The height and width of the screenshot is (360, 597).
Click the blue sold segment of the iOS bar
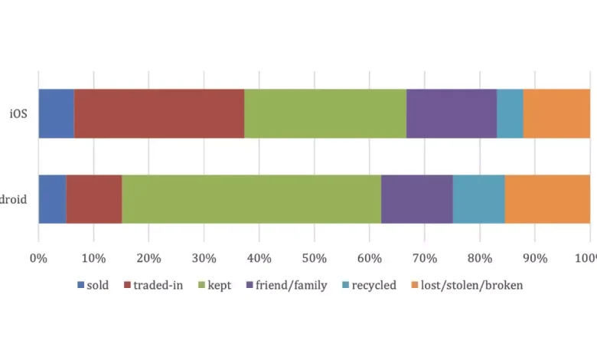[x=56, y=113]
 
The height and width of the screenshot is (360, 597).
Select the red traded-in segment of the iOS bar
[x=158, y=113]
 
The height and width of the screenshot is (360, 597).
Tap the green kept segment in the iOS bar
[x=325, y=113]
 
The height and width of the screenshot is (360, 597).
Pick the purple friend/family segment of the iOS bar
[x=451, y=113]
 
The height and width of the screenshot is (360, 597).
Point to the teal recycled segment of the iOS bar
[x=510, y=113]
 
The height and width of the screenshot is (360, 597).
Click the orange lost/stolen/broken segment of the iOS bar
[x=556, y=113]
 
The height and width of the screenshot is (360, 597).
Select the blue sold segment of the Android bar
[x=52, y=199]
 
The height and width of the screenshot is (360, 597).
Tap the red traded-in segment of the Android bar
[x=93, y=199]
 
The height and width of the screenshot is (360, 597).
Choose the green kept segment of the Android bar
[x=251, y=199]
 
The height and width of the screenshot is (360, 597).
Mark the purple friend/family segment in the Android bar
[x=416, y=199]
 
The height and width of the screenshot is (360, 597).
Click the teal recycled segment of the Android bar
[x=478, y=199]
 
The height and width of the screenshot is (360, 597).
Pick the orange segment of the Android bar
[x=547, y=199]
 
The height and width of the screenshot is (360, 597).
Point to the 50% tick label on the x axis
[x=314, y=258]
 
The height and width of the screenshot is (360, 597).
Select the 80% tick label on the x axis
[x=480, y=258]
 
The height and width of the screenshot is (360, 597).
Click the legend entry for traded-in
[x=158, y=286]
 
